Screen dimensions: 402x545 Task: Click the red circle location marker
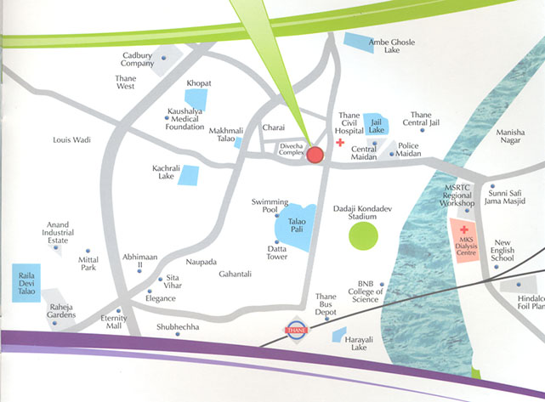coord(315,155)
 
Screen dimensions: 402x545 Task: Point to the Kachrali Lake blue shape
coord(188,176)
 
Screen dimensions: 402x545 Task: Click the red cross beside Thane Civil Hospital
coord(340,144)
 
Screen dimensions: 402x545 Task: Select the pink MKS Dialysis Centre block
coord(465,244)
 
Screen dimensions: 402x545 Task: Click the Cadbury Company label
coord(137,59)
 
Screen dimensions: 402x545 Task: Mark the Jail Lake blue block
coord(376,124)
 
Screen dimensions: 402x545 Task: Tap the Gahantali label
coord(236,274)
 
